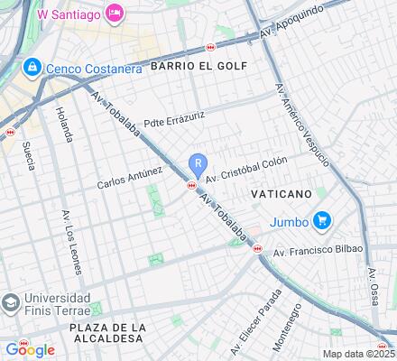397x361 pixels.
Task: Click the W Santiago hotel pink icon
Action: (x=115, y=13)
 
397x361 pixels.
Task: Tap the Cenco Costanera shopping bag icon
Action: (x=32, y=67)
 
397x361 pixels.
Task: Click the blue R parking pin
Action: (x=198, y=164)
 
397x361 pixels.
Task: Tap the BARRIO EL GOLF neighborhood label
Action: (x=198, y=66)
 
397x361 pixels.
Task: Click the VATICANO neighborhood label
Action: (x=280, y=194)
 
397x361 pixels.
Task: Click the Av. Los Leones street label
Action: (x=71, y=241)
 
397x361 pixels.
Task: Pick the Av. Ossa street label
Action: (x=375, y=286)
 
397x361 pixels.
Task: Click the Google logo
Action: (x=30, y=350)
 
